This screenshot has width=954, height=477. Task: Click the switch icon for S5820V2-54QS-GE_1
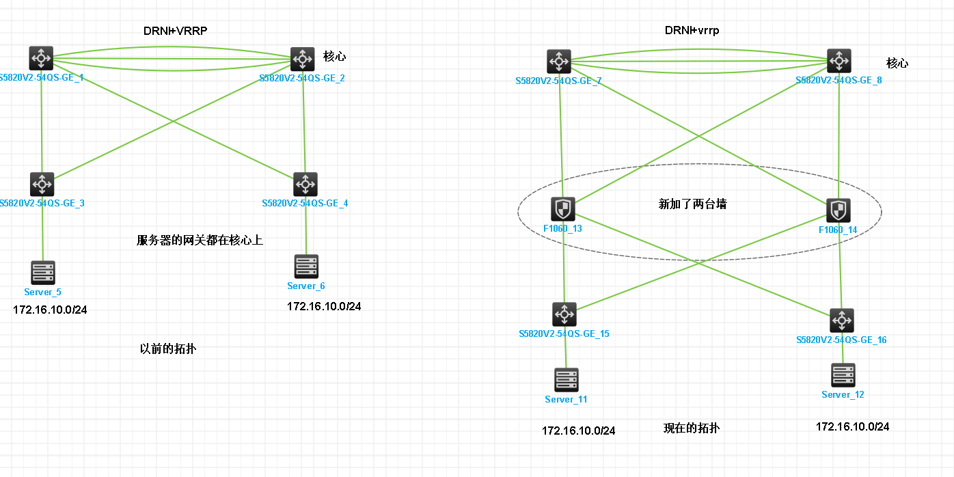42,59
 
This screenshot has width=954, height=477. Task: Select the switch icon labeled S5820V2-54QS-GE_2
303,59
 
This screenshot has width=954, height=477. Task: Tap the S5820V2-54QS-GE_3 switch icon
42,185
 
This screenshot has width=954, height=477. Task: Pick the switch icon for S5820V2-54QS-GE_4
305,185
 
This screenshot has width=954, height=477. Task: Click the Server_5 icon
43,273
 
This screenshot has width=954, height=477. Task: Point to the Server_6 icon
305,267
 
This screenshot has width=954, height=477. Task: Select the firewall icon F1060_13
563,209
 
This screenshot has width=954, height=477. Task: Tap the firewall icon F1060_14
839,210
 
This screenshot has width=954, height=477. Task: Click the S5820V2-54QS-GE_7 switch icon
559,62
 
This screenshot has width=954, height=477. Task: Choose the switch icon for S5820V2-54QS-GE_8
839,61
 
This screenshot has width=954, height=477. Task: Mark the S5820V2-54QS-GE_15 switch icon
564,314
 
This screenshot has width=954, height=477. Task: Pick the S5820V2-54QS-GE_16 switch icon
842,321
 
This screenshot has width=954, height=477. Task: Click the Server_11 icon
567,380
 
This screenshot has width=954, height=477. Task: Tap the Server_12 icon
843,375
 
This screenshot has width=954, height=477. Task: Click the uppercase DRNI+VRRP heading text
175,31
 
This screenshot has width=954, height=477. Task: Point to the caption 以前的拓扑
168,349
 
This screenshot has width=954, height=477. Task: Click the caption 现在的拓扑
692,428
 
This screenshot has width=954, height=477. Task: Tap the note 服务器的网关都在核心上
200,240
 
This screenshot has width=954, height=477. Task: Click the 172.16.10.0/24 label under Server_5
50,310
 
